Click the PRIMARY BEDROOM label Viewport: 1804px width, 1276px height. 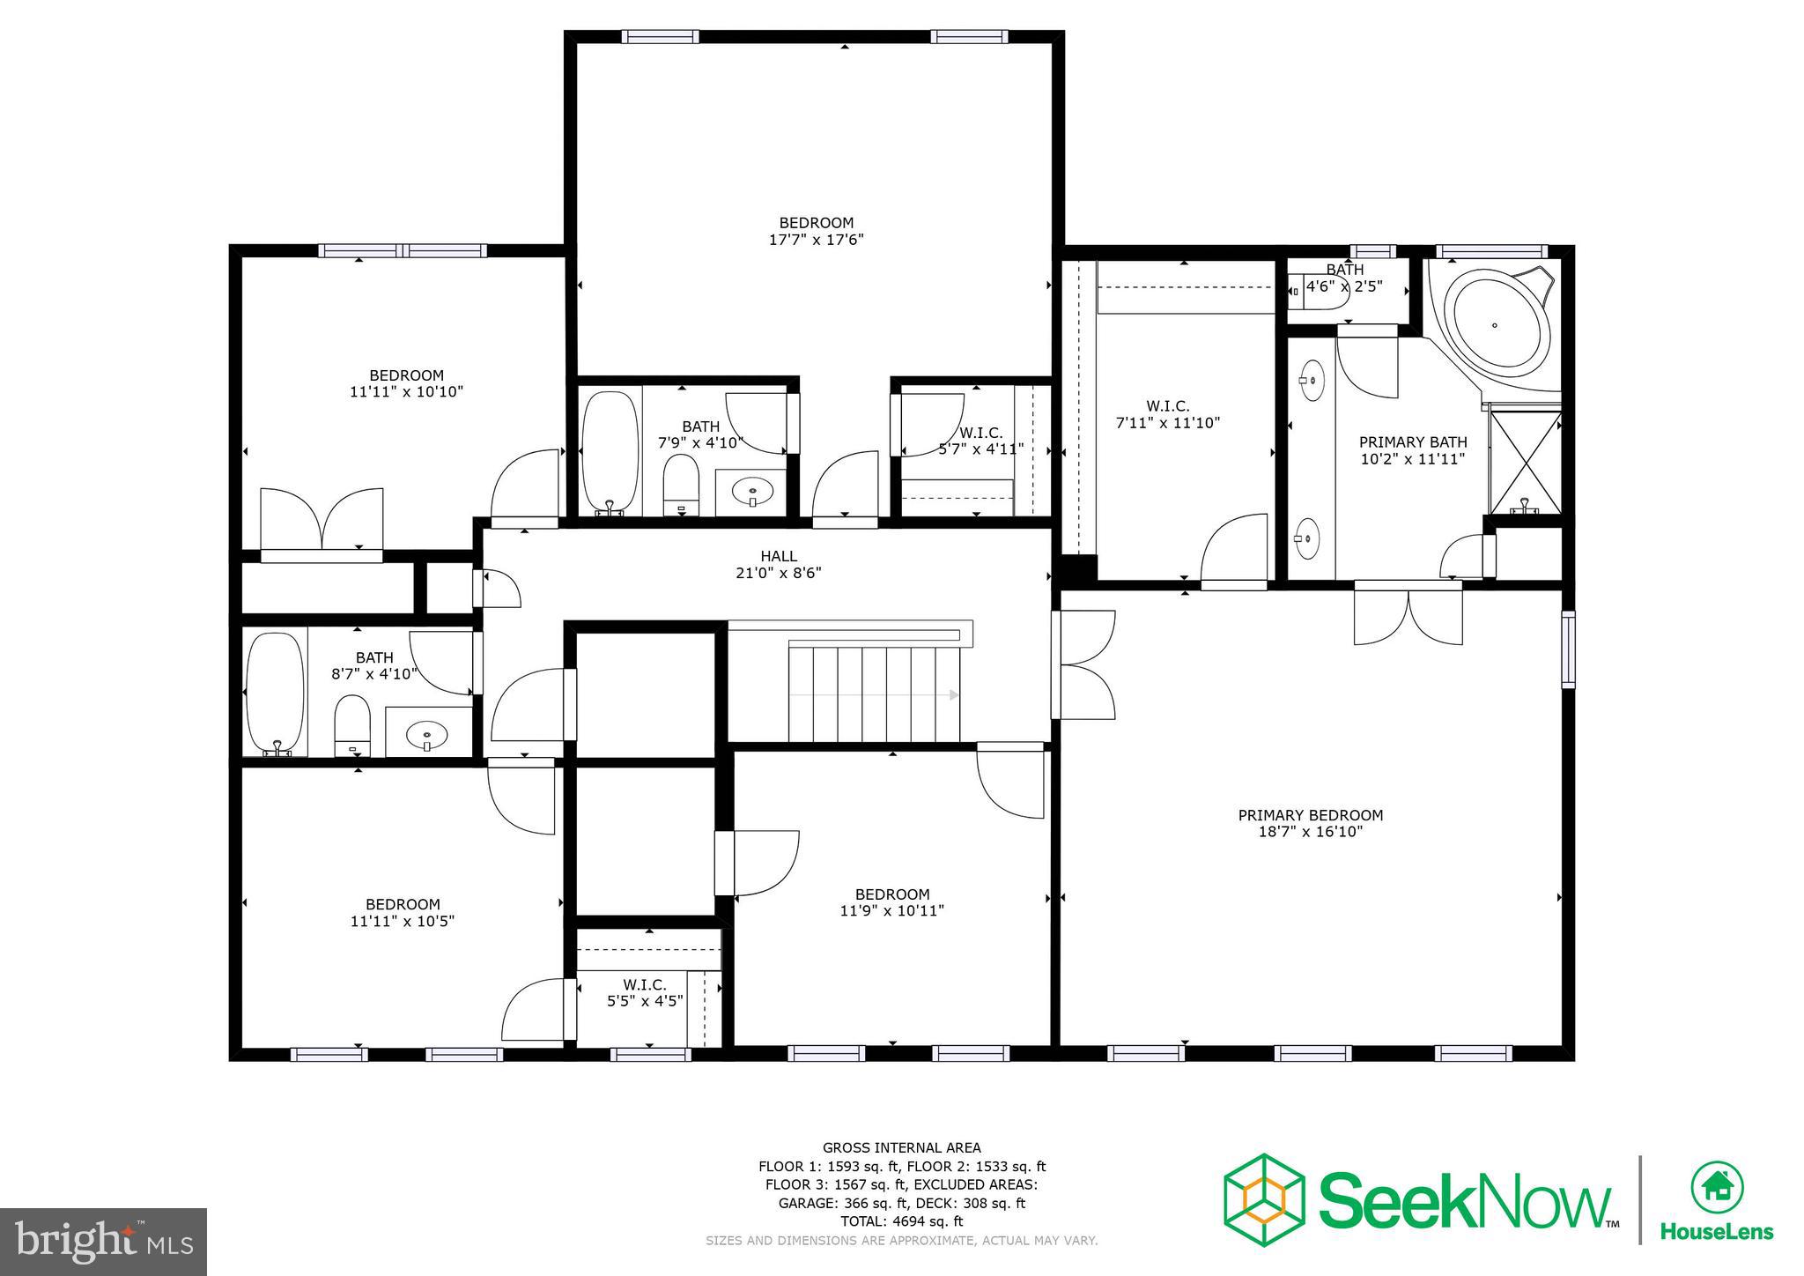[1310, 815]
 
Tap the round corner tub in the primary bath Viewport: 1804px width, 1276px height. [1494, 325]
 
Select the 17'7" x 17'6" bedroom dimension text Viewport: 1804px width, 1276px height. [816, 240]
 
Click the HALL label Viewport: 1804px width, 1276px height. [779, 556]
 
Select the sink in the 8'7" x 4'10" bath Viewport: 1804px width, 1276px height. [428, 733]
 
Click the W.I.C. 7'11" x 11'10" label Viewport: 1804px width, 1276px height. [1167, 414]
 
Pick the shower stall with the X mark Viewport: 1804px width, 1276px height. [1525, 462]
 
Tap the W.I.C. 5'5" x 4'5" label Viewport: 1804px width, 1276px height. [645, 992]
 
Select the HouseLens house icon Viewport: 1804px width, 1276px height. [1716, 1188]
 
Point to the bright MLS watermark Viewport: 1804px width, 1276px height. [103, 1242]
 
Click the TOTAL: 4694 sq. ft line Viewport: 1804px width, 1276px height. [901, 1221]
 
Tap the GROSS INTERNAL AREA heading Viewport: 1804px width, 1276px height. [901, 1147]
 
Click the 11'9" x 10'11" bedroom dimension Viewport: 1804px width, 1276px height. [891, 911]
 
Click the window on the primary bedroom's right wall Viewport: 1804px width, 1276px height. [1568, 649]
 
